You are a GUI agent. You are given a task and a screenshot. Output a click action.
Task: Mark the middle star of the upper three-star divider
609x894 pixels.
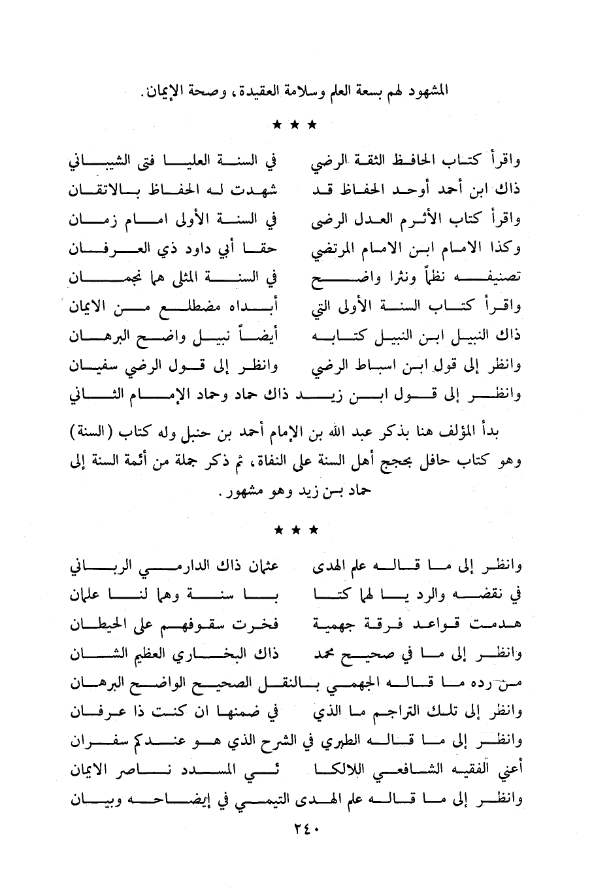point(295,124)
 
